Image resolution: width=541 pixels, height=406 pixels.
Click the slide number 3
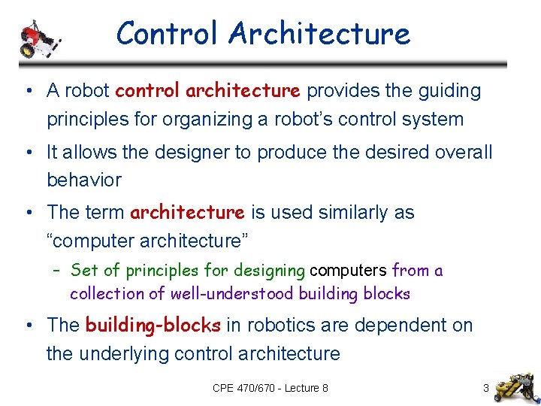[486, 388]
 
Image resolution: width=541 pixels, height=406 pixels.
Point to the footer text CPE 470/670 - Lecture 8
[270, 388]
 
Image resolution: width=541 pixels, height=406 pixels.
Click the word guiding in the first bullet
[448, 91]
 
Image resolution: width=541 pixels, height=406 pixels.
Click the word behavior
[83, 180]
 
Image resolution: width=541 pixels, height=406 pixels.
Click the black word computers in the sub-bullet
[349, 270]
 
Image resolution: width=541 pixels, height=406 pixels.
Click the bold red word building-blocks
[153, 326]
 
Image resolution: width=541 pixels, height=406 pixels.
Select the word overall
[463, 152]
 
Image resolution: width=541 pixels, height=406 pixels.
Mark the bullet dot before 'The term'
[27, 214]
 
